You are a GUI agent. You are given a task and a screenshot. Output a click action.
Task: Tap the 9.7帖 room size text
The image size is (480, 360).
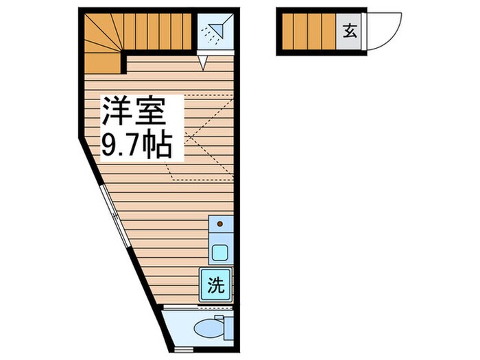tap(136, 145)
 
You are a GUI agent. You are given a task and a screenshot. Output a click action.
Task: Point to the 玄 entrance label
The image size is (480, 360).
tap(350, 31)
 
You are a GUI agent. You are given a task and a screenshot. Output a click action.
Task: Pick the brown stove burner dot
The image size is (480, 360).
tap(220, 224)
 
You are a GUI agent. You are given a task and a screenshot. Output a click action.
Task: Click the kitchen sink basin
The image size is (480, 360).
tap(220, 252)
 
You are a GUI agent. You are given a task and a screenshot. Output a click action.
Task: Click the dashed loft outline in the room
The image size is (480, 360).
tap(202, 137)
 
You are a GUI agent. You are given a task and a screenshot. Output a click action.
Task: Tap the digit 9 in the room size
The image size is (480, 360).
tap(110, 145)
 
